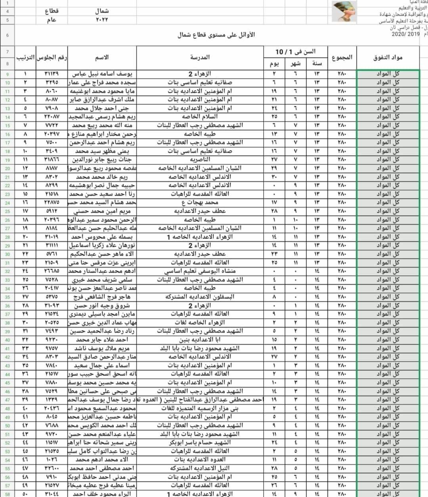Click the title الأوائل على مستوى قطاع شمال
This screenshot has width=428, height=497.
coord(216,35)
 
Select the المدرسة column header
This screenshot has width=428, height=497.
coord(200,58)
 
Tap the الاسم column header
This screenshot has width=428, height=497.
coord(102,58)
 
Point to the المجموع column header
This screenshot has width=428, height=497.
coord(342,58)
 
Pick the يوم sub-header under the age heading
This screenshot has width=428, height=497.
coord(274,64)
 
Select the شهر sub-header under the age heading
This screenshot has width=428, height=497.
coord(295,64)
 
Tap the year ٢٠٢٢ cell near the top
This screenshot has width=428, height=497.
coord(102,19)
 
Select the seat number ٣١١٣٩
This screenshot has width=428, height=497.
coord(52,74)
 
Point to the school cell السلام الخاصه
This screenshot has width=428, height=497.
coord(200,117)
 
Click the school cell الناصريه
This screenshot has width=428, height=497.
coord(200,160)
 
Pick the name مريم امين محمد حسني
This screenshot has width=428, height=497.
coord(102,211)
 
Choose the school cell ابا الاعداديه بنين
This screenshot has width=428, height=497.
coord(200,340)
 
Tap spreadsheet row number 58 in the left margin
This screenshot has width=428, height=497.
coord(8,494)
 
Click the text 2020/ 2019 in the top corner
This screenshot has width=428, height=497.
coord(405,35)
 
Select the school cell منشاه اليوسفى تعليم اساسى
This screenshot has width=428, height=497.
coord(200,271)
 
